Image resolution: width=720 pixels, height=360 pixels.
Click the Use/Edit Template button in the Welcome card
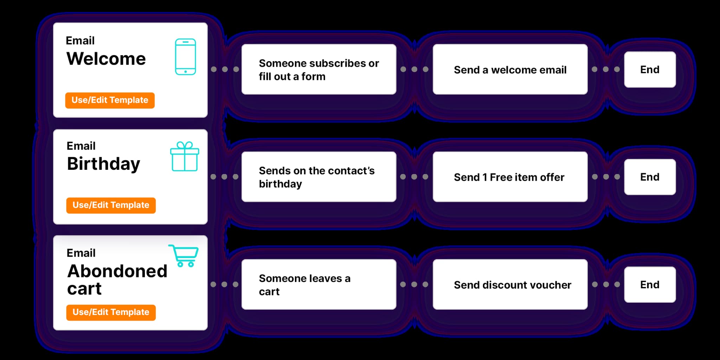click(x=110, y=100)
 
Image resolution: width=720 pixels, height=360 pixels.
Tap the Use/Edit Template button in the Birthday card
click(x=111, y=205)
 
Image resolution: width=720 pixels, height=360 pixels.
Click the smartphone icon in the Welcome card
click(x=185, y=57)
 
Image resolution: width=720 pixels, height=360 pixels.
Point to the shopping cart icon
click(x=184, y=256)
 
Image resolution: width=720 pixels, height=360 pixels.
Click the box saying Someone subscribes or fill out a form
click(x=319, y=69)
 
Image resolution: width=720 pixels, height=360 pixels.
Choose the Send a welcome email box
click(x=510, y=69)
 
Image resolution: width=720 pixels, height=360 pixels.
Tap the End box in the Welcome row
click(x=649, y=69)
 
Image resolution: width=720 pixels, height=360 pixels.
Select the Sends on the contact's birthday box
click(x=319, y=177)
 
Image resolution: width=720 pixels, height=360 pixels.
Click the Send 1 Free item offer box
click(x=510, y=177)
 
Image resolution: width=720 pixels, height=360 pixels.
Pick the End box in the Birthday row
click(x=649, y=177)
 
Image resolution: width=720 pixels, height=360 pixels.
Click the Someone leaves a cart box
click(x=319, y=284)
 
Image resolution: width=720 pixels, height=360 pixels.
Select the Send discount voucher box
click(x=510, y=284)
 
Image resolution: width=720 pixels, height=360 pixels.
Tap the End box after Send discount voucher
click(x=649, y=284)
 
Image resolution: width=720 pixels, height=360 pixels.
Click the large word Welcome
click(x=106, y=58)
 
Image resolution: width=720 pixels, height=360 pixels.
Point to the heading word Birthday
click(x=103, y=163)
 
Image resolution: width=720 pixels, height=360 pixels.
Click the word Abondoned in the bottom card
click(x=117, y=271)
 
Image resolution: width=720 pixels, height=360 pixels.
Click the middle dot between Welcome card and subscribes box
click(x=225, y=69)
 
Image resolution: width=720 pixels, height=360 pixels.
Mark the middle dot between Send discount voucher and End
click(x=606, y=284)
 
